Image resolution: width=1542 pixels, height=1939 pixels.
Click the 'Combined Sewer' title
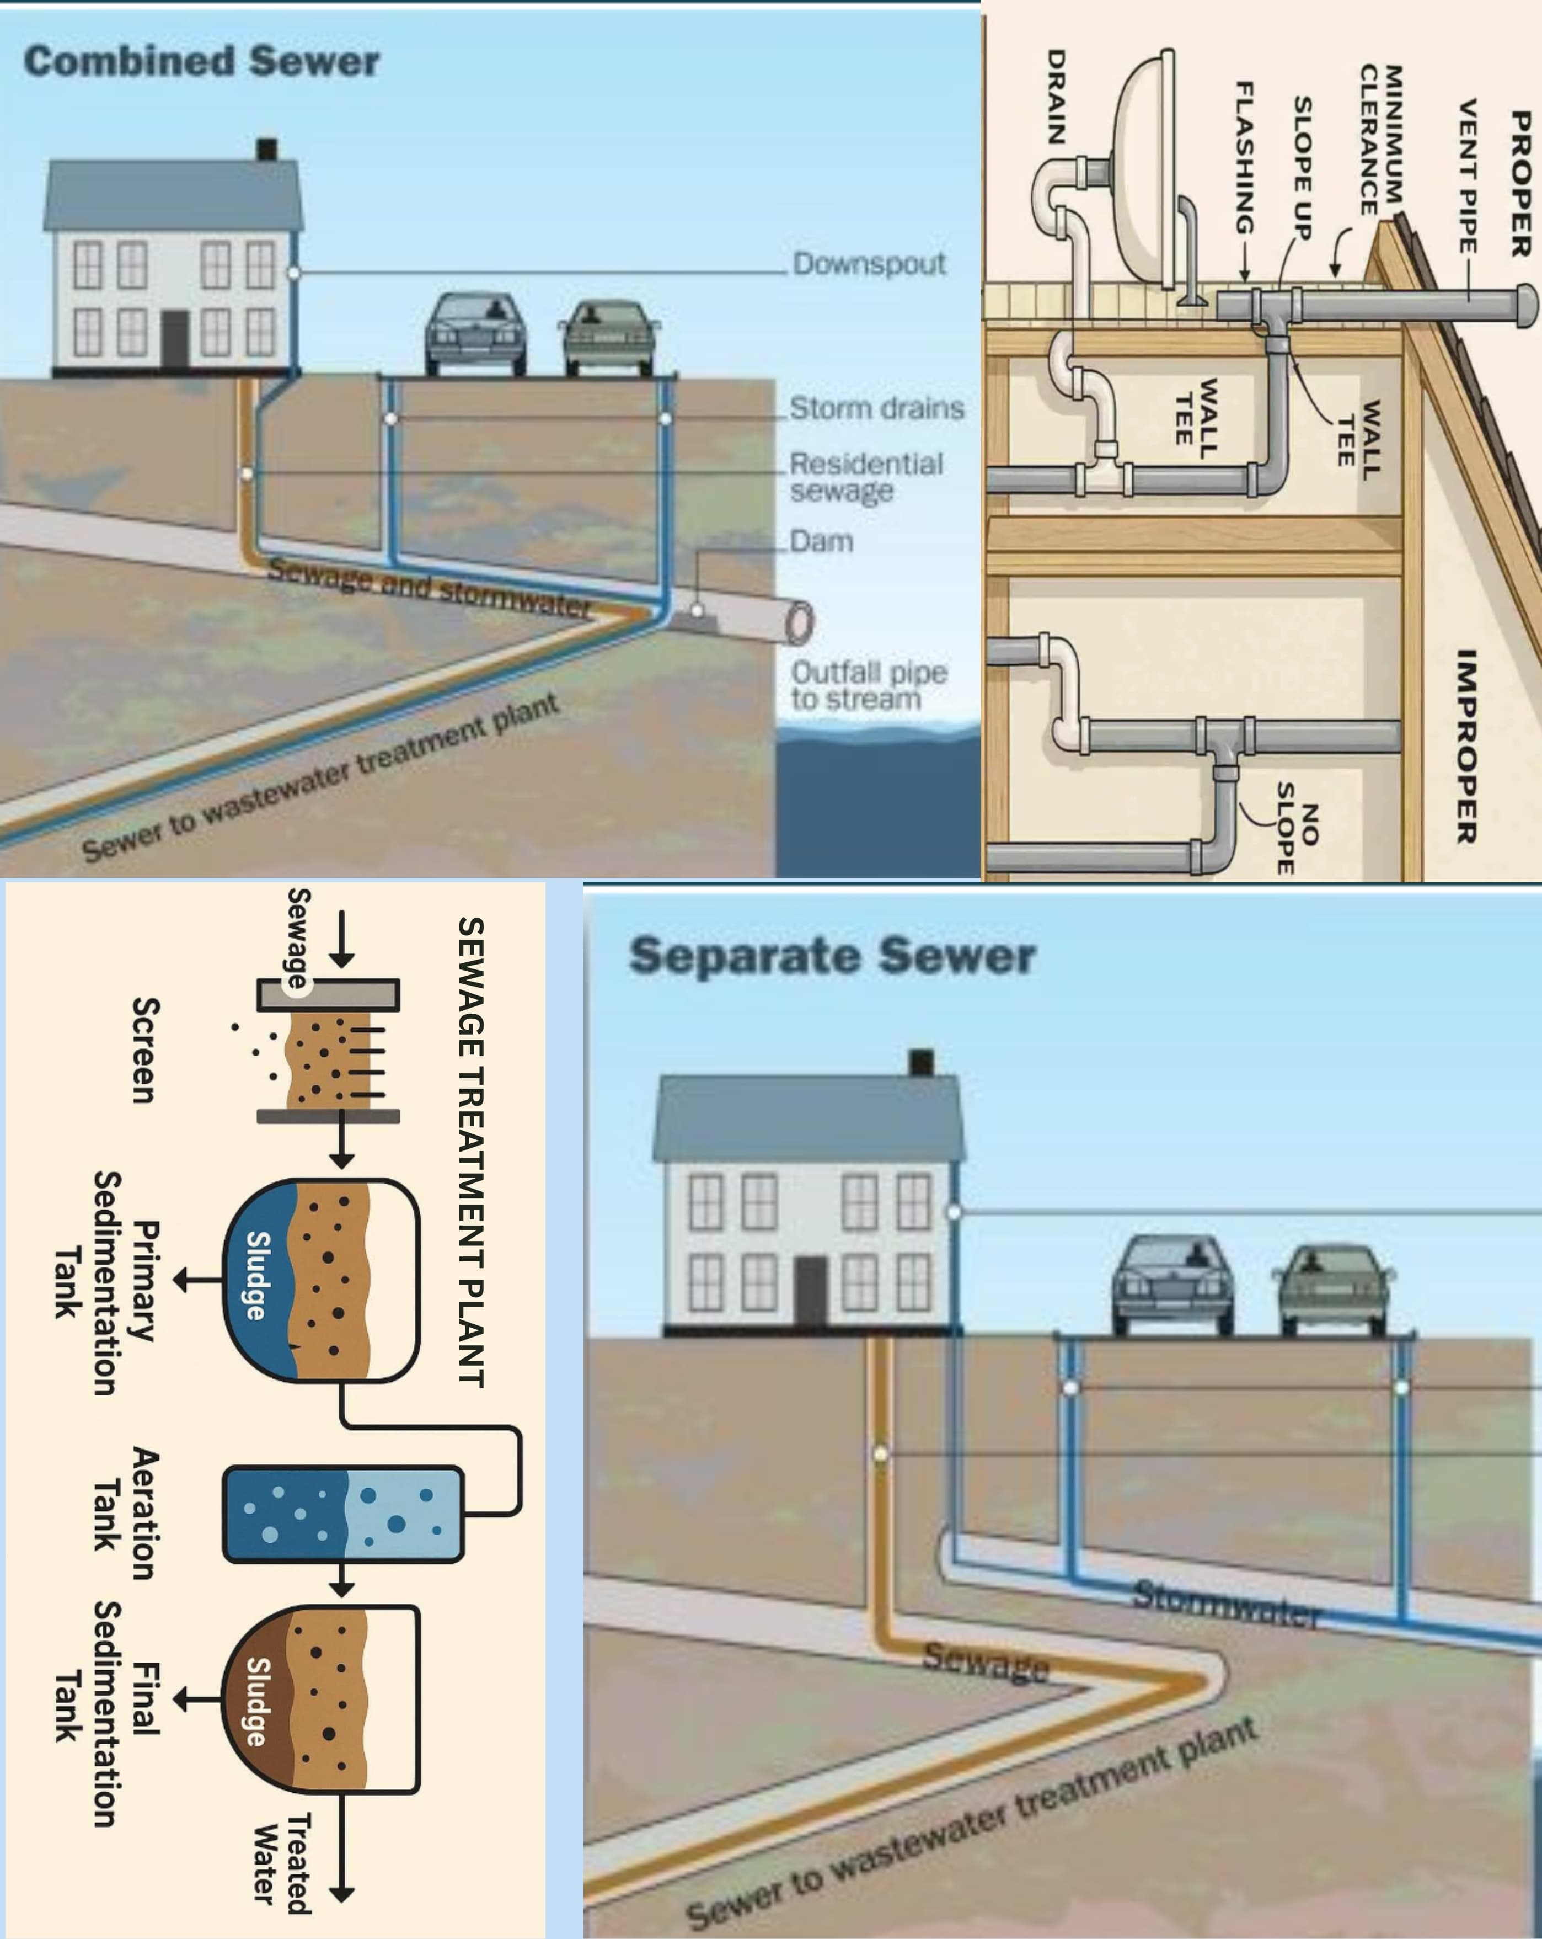pyautogui.click(x=201, y=62)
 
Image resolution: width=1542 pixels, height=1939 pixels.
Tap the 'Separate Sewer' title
pyautogui.click(x=832, y=955)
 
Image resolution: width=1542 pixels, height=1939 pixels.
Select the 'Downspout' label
pyautogui.click(x=869, y=264)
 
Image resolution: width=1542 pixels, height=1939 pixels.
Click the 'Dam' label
pyautogui.click(x=821, y=541)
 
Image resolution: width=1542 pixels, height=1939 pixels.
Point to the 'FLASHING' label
pyautogui.click(x=1244, y=157)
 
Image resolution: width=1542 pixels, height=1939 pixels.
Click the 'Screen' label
pyautogui.click(x=144, y=1050)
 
